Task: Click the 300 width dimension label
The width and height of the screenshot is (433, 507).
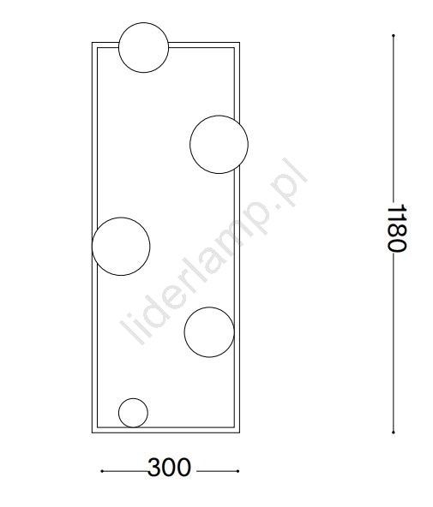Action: coord(169,468)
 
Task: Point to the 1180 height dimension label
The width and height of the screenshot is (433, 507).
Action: coord(397,228)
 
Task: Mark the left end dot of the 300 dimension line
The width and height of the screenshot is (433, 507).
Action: coord(102,471)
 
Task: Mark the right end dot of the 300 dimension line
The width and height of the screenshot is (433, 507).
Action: coord(238,471)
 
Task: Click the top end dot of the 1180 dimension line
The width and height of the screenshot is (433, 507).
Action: coord(394,35)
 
